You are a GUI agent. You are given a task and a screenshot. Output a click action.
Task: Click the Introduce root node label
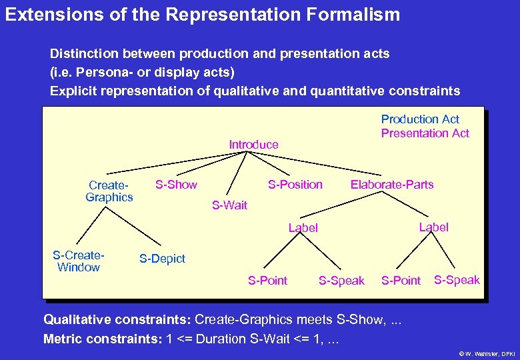point(253,145)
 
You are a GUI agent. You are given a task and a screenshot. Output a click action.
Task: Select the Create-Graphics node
point(109,191)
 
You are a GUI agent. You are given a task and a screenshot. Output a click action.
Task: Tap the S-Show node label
point(176,185)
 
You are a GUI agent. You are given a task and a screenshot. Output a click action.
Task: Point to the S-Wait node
point(229,205)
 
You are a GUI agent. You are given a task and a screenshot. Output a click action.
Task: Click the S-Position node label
point(295,185)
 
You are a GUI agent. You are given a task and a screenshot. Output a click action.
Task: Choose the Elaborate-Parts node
point(392,185)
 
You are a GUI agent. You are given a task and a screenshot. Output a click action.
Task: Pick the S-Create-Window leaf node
point(79,261)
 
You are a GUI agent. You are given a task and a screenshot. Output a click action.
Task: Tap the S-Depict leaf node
point(162,259)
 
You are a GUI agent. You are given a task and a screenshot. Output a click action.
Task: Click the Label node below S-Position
point(303,228)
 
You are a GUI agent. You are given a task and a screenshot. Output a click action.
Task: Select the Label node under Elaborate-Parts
point(433,227)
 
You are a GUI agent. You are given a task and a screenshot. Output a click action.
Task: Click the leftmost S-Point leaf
point(267,281)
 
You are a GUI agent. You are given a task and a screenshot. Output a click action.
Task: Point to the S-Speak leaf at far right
point(457,280)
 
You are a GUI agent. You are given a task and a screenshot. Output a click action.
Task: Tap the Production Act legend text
point(420,119)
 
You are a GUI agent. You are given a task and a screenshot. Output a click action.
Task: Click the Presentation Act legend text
point(425,133)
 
